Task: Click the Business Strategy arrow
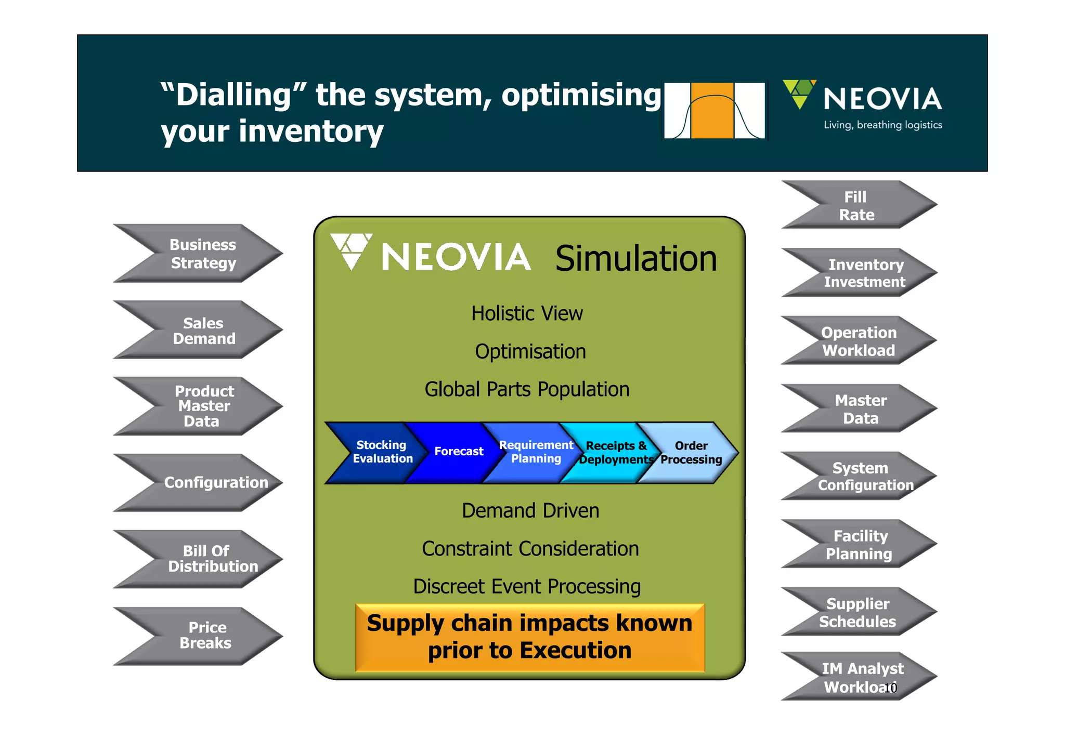(x=203, y=254)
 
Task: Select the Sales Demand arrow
(x=203, y=331)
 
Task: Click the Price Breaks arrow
(x=205, y=636)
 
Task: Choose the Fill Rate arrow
(x=857, y=206)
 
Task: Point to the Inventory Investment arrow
(x=863, y=273)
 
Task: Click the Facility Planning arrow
(x=859, y=545)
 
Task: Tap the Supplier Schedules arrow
(x=858, y=613)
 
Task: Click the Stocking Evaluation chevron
(x=382, y=452)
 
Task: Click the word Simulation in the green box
(x=635, y=259)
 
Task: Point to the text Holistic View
(x=527, y=314)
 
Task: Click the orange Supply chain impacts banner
(x=529, y=637)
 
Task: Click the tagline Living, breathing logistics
(x=882, y=125)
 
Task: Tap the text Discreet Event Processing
(x=527, y=587)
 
